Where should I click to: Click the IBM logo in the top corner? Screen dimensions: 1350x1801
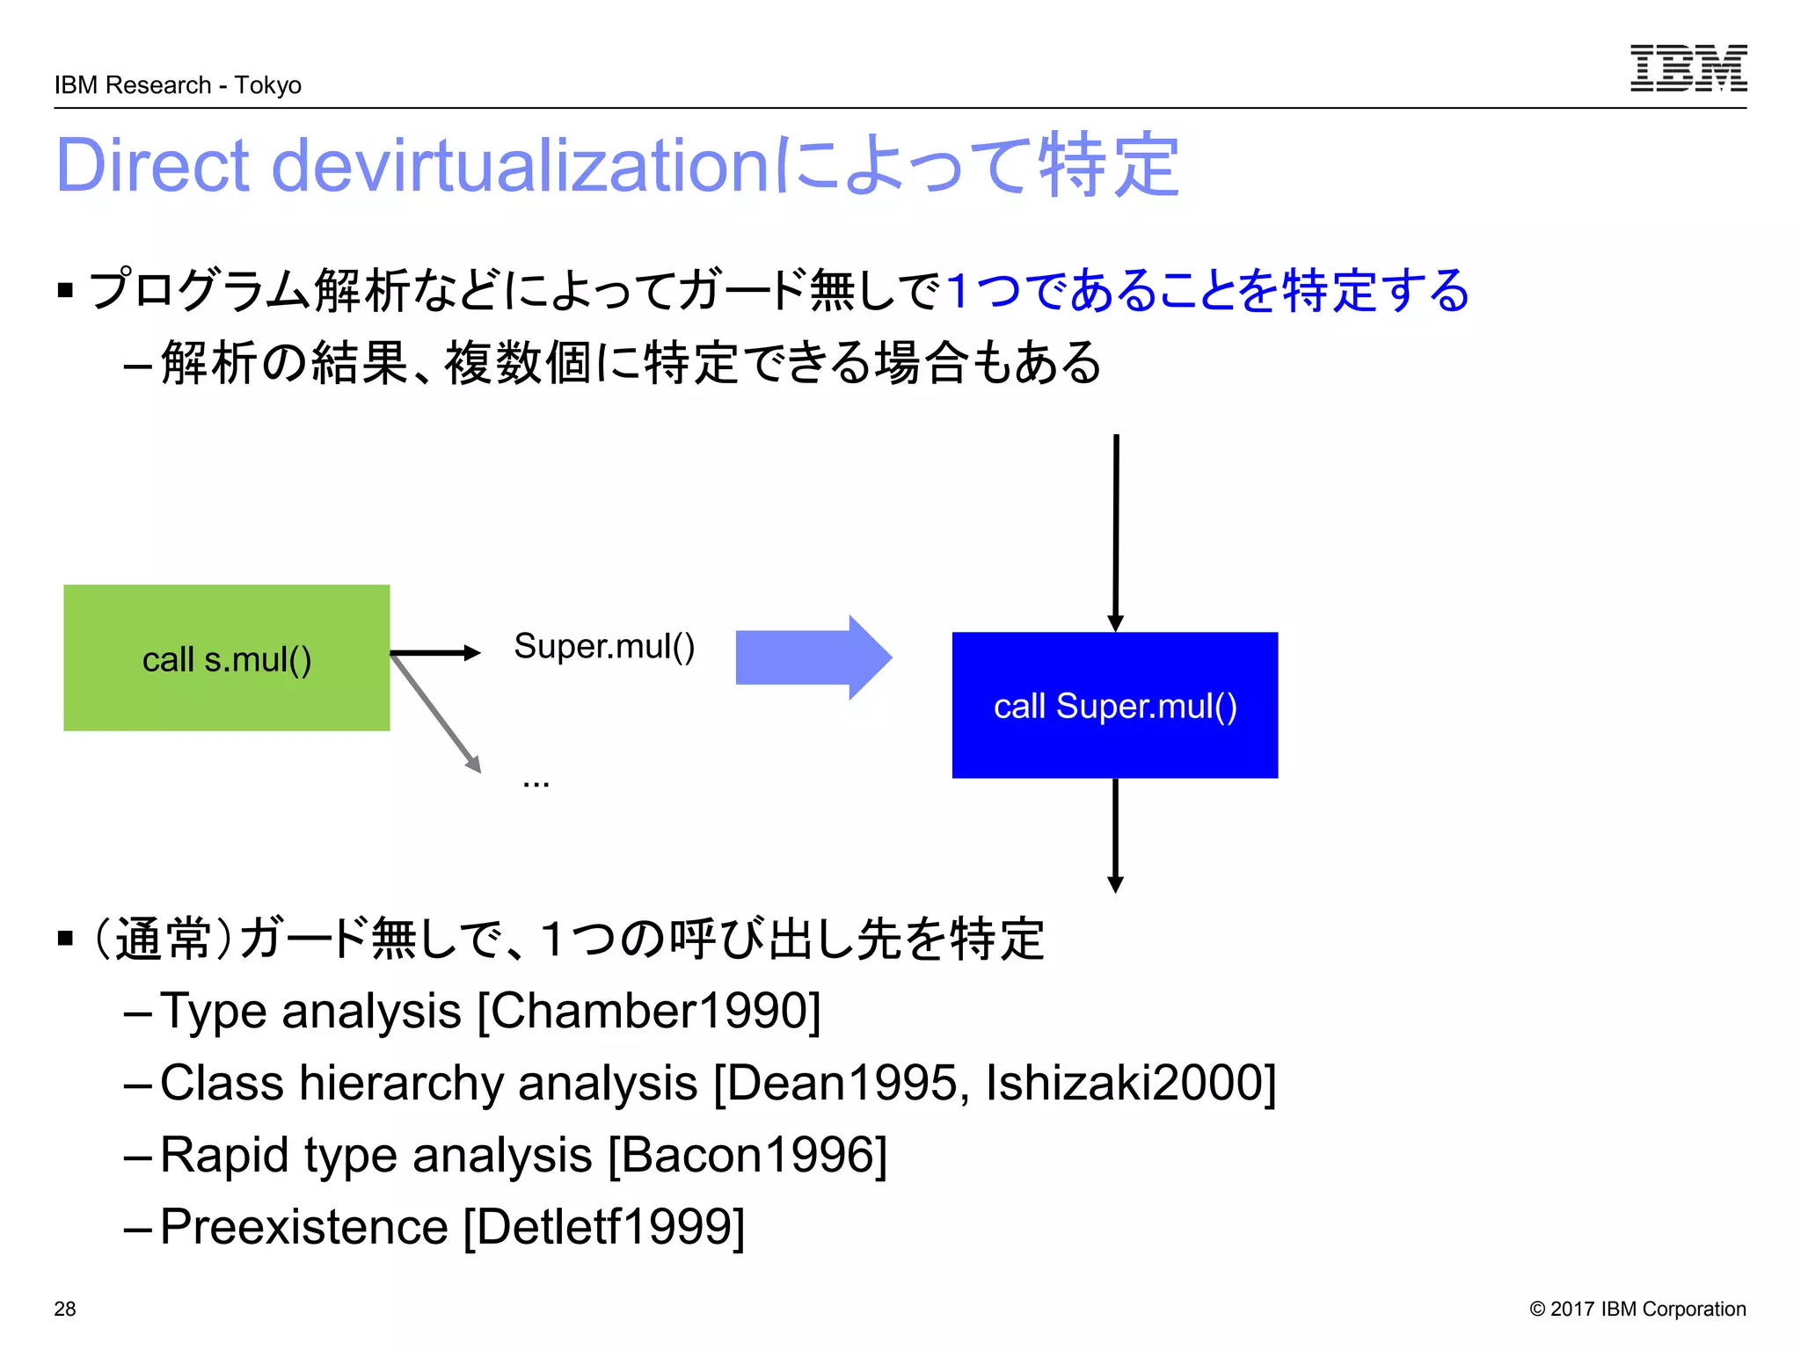click(1688, 68)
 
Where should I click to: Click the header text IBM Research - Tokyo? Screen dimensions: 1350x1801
click(178, 85)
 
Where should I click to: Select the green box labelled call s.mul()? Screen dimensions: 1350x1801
click(226, 657)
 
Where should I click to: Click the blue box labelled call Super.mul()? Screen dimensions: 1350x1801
click(1114, 705)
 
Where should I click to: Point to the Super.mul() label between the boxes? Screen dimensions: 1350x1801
click(604, 646)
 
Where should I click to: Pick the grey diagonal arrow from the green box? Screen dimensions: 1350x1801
click(437, 715)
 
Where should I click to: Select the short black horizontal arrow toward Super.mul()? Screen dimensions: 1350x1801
click(435, 652)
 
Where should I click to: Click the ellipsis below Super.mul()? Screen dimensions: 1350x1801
click(536, 782)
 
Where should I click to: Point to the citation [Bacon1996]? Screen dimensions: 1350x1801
click(747, 1155)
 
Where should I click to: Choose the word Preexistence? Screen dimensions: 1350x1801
click(304, 1227)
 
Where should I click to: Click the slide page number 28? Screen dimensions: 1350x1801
click(65, 1309)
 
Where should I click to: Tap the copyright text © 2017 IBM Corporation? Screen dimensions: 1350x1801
click(1637, 1309)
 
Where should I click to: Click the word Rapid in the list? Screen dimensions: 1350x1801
click(224, 1155)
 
